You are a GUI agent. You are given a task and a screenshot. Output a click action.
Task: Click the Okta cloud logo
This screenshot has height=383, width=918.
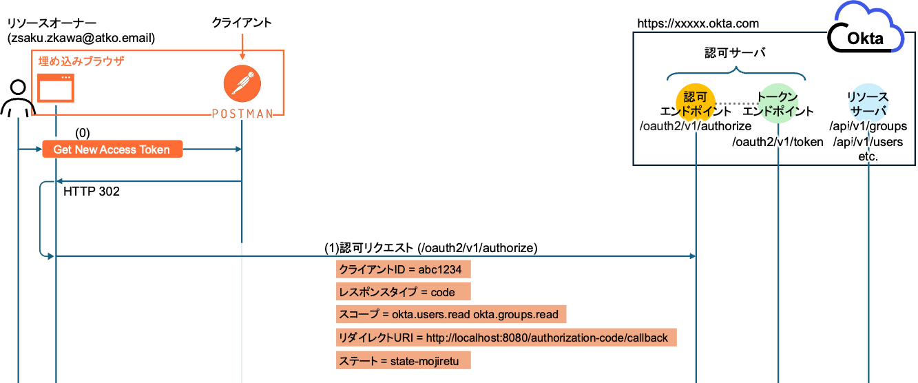tap(866, 28)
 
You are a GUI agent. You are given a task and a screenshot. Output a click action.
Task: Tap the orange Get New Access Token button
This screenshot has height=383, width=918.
tap(112, 149)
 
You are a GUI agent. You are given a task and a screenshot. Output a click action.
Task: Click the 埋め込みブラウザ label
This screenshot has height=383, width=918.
tap(81, 61)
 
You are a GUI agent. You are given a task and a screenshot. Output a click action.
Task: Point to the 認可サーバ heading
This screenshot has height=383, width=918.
tap(736, 53)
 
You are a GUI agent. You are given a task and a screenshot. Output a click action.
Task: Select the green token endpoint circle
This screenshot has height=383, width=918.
tap(778, 103)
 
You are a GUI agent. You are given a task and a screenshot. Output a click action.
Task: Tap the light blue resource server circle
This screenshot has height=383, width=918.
tap(868, 103)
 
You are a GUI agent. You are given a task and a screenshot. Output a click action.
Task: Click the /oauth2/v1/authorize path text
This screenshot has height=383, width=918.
tap(694, 127)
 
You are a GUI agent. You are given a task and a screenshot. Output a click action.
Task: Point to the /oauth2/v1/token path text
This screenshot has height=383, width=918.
tap(778, 142)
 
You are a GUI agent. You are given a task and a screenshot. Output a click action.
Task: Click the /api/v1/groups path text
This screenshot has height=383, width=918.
tap(868, 127)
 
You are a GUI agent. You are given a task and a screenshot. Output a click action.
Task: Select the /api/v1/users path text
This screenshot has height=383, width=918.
tap(868, 142)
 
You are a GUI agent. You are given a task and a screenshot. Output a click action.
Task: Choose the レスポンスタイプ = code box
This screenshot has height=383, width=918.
tap(404, 292)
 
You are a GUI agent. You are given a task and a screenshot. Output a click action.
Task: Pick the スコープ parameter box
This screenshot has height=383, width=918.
tap(451, 315)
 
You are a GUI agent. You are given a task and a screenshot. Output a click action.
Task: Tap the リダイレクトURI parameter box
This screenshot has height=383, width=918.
tap(506, 338)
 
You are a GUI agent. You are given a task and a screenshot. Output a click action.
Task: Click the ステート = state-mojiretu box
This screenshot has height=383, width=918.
tap(404, 360)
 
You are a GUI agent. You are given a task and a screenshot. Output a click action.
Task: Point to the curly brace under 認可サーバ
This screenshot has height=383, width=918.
tap(736, 72)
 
